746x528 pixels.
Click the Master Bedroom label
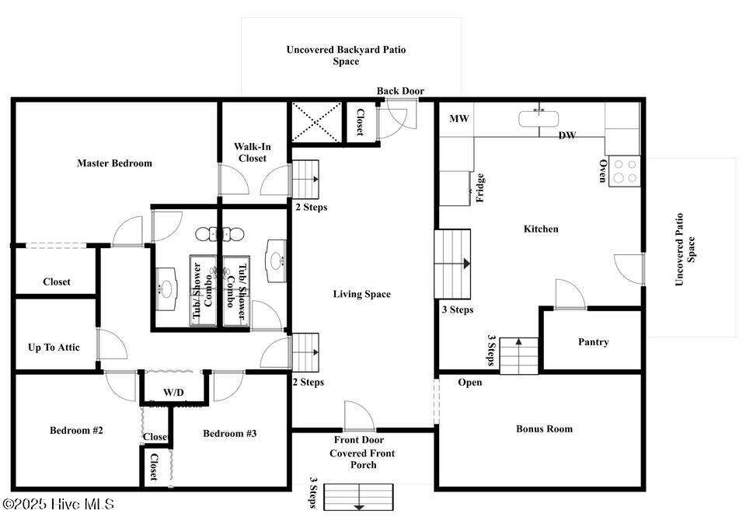click(x=114, y=163)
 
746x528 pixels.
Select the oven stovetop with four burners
click(x=624, y=171)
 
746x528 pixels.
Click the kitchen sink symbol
click(x=539, y=118)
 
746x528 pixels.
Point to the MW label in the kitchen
click(x=458, y=119)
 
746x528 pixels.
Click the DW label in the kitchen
click(x=567, y=135)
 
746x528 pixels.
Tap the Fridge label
click(x=480, y=188)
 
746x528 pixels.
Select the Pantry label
click(x=593, y=342)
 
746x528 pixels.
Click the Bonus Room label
click(x=544, y=428)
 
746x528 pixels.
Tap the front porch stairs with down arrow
click(x=358, y=497)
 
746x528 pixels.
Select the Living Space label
click(x=361, y=294)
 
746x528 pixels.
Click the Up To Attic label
click(x=54, y=348)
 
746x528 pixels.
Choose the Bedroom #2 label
click(x=76, y=431)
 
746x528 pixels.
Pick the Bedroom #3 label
click(x=229, y=433)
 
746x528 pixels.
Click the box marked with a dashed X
click(x=316, y=122)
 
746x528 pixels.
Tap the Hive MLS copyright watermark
click(x=58, y=505)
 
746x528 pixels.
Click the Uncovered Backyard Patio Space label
click(x=346, y=55)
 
